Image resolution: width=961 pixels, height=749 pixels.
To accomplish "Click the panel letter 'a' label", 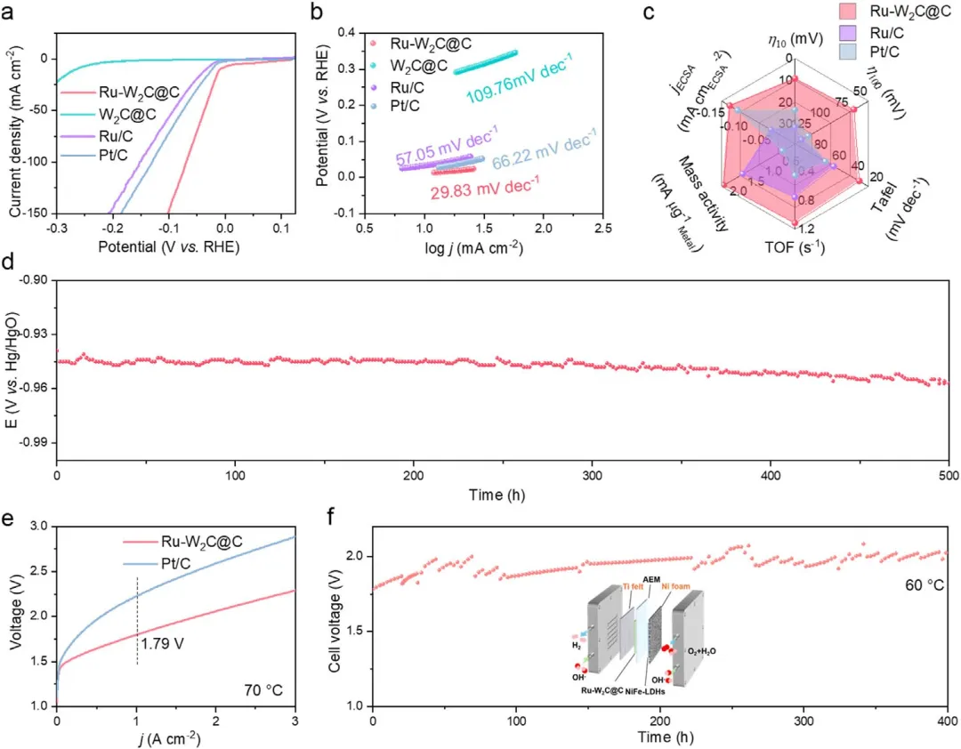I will [x=12, y=12].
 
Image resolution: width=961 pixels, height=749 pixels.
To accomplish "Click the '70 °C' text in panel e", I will [x=264, y=688].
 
